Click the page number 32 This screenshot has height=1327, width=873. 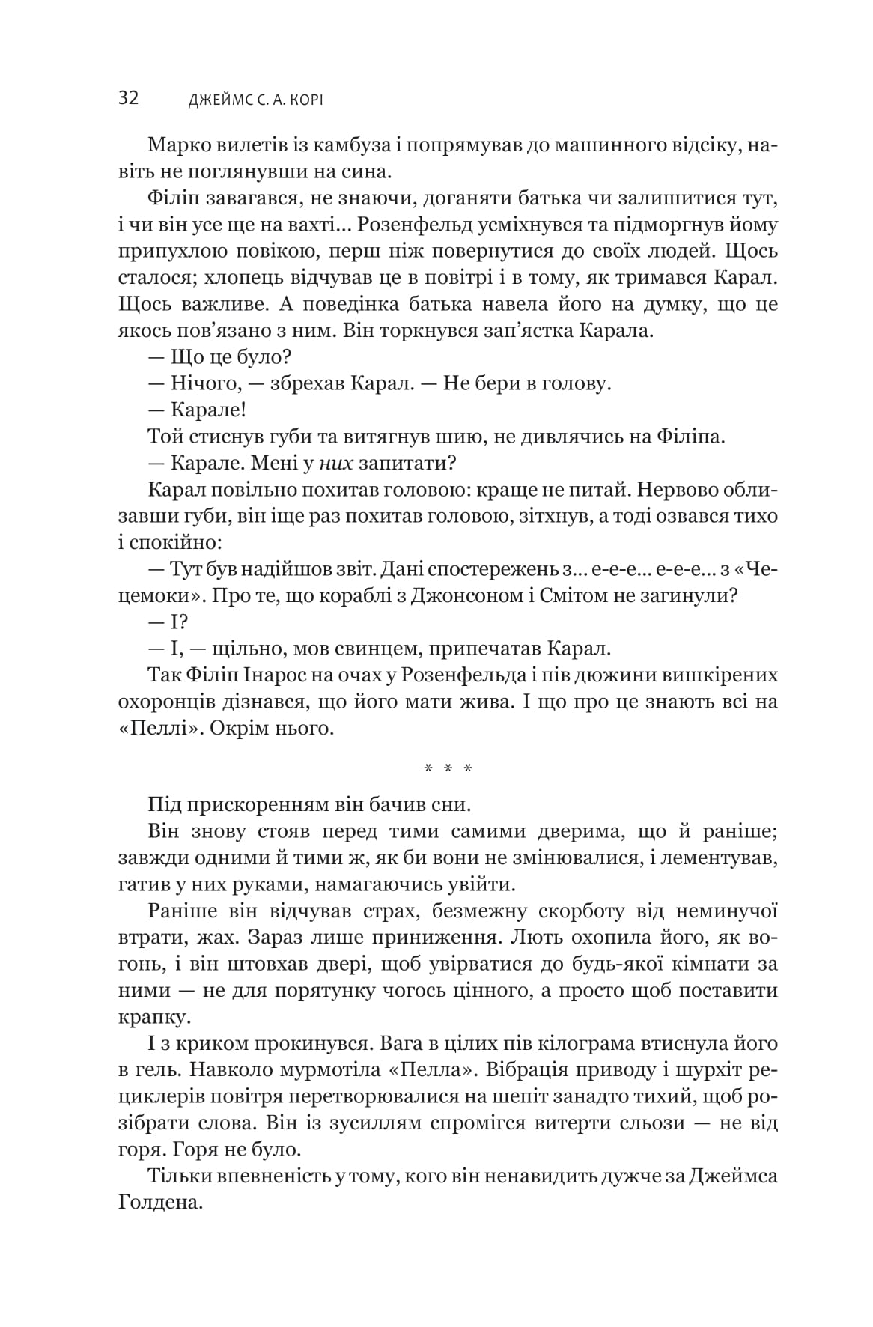(128, 99)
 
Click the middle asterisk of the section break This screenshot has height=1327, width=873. (448, 768)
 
